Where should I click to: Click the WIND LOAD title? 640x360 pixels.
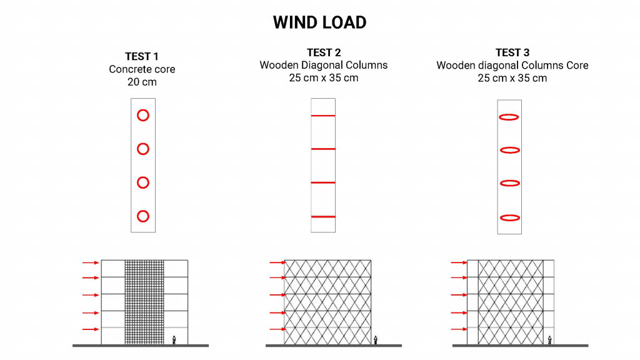point(319,22)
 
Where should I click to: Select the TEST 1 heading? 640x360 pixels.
point(142,57)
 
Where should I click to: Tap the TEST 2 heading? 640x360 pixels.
point(323,52)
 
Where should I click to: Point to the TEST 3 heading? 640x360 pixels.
point(512,52)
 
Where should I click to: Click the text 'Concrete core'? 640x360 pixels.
point(142,69)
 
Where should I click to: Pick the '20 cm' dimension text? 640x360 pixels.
point(142,82)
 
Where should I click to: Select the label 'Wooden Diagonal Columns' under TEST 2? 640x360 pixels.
point(323,65)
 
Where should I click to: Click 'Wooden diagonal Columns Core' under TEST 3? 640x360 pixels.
point(512,65)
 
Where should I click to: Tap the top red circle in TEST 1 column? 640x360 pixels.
point(142,115)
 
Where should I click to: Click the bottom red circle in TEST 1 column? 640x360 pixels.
point(142,216)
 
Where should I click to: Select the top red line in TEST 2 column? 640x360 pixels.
point(323,116)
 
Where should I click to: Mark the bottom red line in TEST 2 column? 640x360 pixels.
point(323,216)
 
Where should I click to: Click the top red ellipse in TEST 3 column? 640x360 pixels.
point(510,117)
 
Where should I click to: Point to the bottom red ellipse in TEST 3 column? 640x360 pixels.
point(510,217)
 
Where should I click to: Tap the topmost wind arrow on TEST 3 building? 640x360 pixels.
point(459,262)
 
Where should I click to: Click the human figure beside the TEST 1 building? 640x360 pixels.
point(174,340)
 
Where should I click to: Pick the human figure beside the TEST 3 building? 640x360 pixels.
point(549,340)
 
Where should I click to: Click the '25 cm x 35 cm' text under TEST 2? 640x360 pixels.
point(323,77)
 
